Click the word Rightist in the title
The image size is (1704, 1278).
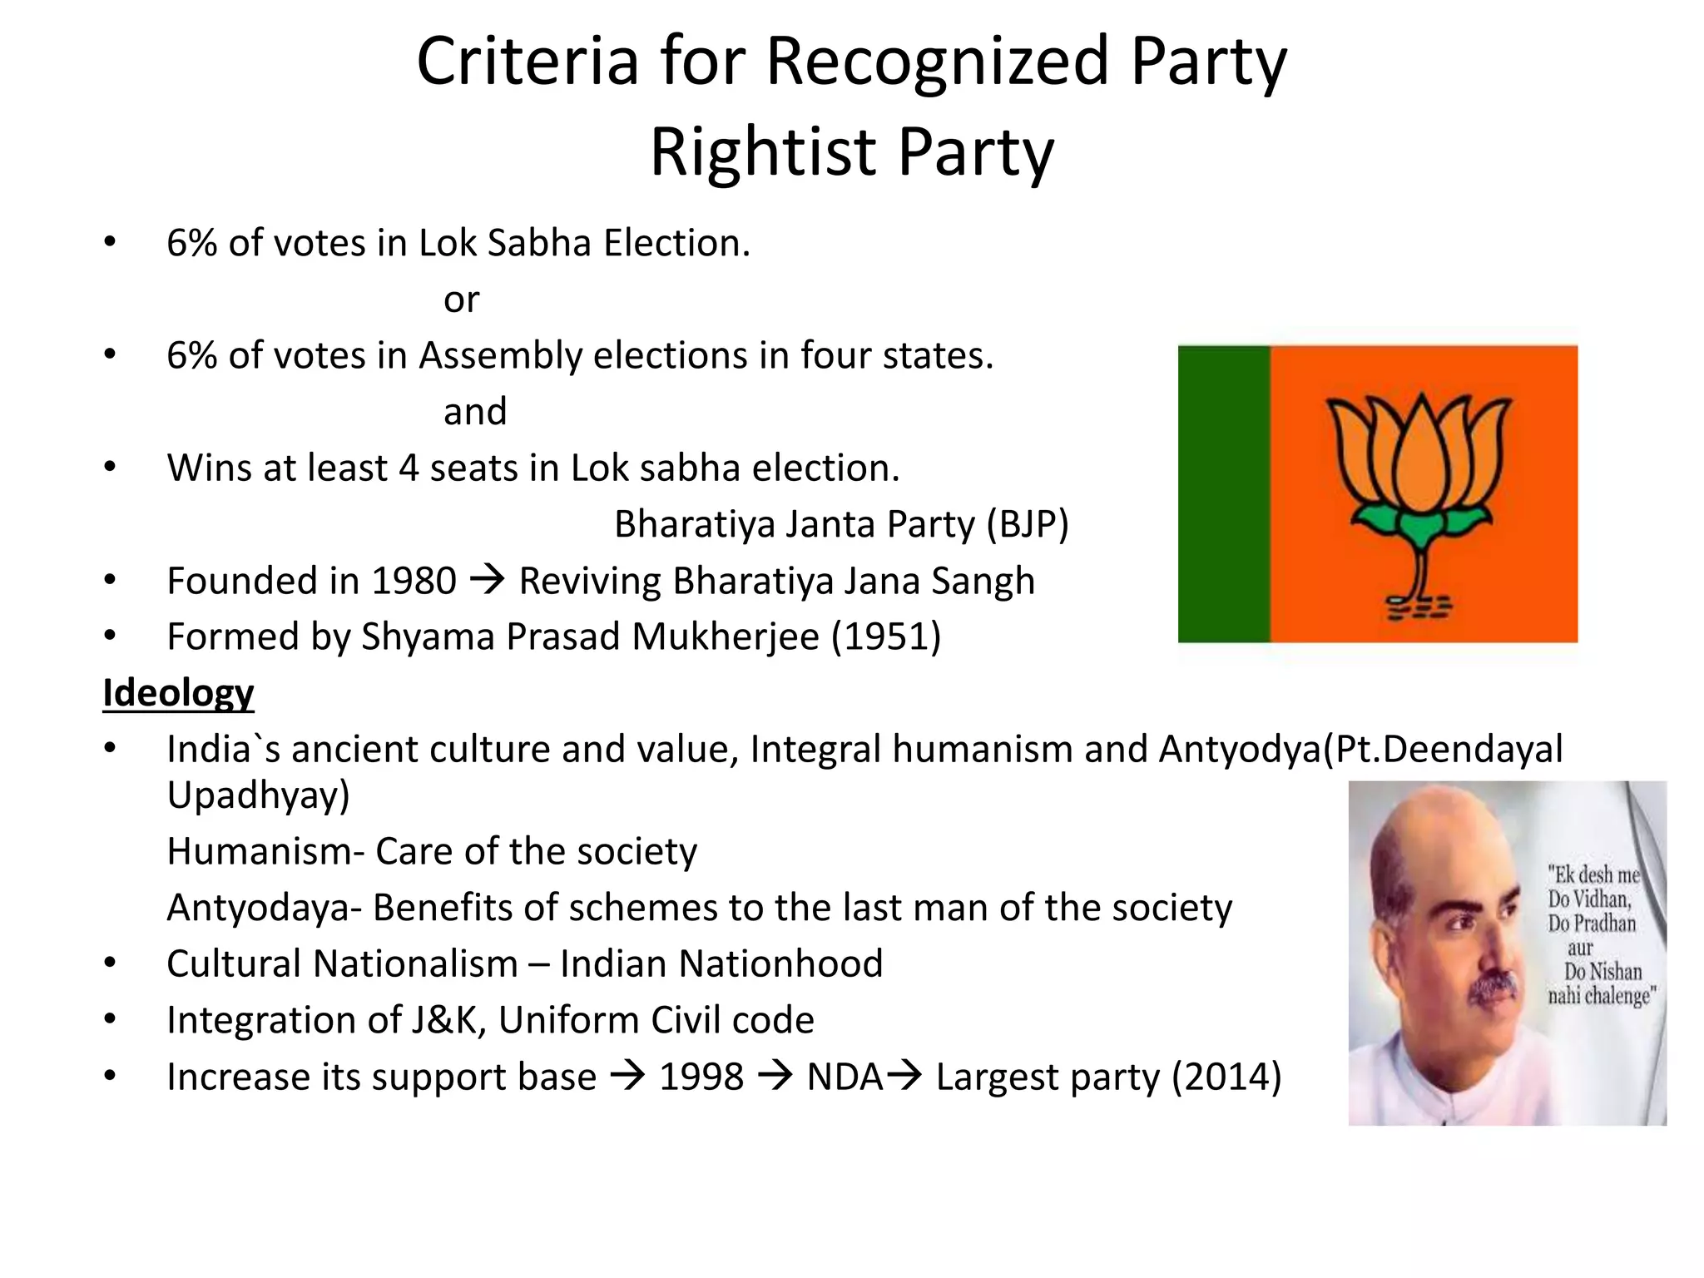[762, 152]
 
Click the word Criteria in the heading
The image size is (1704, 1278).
[528, 62]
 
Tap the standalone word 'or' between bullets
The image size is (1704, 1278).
[461, 300]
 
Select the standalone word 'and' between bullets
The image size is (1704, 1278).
[475, 411]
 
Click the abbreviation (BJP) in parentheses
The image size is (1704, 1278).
[1027, 524]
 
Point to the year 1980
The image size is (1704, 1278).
[414, 581]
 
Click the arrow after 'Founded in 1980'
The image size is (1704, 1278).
[488, 578]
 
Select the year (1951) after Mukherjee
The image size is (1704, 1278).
[886, 637]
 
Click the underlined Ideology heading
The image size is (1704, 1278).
[178, 693]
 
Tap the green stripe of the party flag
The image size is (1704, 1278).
[1224, 493]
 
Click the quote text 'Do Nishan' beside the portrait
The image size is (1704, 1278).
[1602, 971]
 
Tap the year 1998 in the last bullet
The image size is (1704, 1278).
[701, 1077]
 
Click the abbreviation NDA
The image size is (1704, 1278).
[844, 1077]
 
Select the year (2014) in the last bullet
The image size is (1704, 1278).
[1226, 1077]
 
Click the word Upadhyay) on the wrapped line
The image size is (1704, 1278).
[258, 795]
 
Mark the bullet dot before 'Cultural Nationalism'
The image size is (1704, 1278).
[110, 963]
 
